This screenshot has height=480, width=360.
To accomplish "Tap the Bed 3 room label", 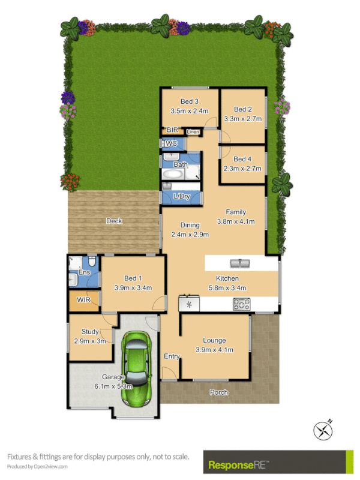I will click(x=188, y=101).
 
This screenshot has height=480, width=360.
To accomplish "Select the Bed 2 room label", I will click(x=242, y=109).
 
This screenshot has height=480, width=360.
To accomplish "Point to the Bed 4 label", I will click(x=242, y=159).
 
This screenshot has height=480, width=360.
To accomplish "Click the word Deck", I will click(x=114, y=221).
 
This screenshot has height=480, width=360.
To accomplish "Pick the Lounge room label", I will click(x=214, y=340).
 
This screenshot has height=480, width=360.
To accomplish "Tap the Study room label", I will click(x=90, y=331).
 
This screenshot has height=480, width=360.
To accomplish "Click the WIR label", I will click(x=83, y=300).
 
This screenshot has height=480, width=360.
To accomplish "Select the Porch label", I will click(x=218, y=392).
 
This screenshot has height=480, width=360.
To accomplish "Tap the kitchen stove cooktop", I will click(x=241, y=305).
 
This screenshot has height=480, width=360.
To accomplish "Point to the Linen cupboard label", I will click(x=193, y=132).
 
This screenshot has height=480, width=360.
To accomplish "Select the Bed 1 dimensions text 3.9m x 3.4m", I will click(x=133, y=287).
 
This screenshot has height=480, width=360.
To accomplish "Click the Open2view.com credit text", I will click(x=37, y=466).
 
